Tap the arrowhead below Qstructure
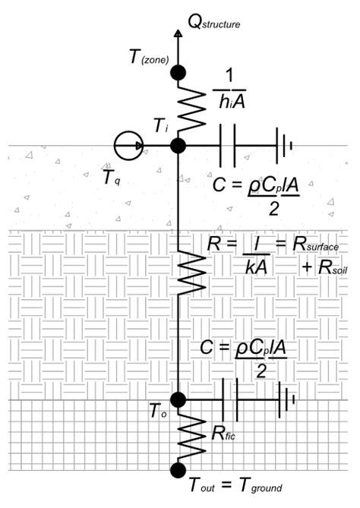178,34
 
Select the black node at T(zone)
178,72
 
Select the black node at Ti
178,144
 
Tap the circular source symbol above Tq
128,144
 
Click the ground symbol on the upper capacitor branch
284,144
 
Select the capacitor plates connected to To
229,399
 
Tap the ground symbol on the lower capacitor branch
286,399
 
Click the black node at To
178,399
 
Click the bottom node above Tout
178,471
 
